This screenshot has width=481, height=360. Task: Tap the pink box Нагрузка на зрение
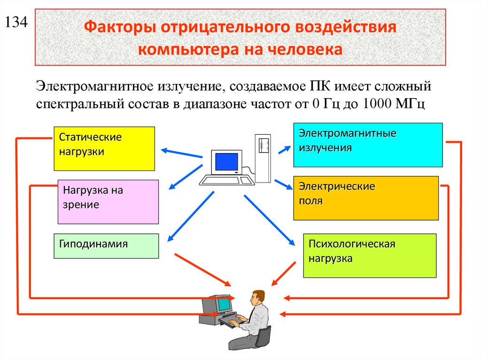pos(108,201)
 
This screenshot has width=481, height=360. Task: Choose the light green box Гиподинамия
pos(106,246)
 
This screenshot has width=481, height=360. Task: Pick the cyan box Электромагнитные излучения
pos(368,145)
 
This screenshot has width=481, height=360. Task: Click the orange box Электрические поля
pos(365,198)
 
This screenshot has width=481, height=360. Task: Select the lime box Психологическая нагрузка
pos(370,255)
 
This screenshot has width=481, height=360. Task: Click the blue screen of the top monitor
pos(226,162)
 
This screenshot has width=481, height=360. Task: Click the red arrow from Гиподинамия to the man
pos(202,269)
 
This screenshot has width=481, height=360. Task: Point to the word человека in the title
pos(306,49)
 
